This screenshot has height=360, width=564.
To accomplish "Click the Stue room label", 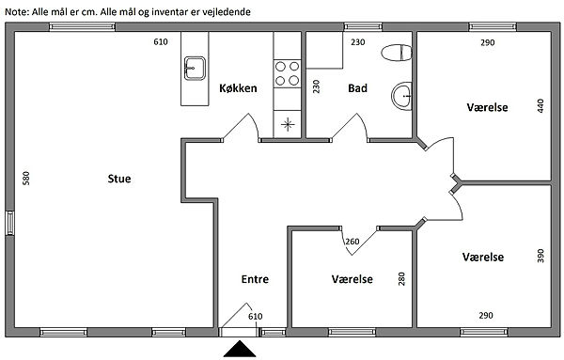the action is (x=119, y=179).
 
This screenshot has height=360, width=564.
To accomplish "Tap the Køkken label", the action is (x=238, y=88).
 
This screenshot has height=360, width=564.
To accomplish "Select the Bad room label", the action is (x=357, y=88).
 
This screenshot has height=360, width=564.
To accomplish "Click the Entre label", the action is (x=255, y=279).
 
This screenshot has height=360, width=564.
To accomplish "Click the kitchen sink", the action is (x=195, y=69).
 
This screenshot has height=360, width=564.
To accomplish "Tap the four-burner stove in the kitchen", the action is (x=287, y=73).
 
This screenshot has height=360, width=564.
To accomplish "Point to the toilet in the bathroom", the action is (x=397, y=53).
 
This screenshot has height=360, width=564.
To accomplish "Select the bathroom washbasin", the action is (x=401, y=96).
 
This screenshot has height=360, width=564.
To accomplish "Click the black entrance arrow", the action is (x=240, y=349).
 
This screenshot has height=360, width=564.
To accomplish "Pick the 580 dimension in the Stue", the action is (x=26, y=178).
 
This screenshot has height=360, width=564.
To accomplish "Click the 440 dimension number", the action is (x=540, y=105).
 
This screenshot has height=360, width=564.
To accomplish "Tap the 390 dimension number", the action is (x=540, y=256).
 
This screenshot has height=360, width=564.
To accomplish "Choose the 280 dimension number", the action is (x=401, y=279).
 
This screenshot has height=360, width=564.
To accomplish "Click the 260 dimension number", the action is (x=352, y=242).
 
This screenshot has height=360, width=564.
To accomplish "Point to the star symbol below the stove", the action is (x=288, y=124).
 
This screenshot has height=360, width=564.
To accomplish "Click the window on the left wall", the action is (x=10, y=223).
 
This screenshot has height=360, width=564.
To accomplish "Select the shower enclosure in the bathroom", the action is (x=324, y=50).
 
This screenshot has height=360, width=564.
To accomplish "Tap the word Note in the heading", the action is (x=16, y=12).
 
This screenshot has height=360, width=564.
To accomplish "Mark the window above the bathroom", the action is (x=363, y=27).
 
